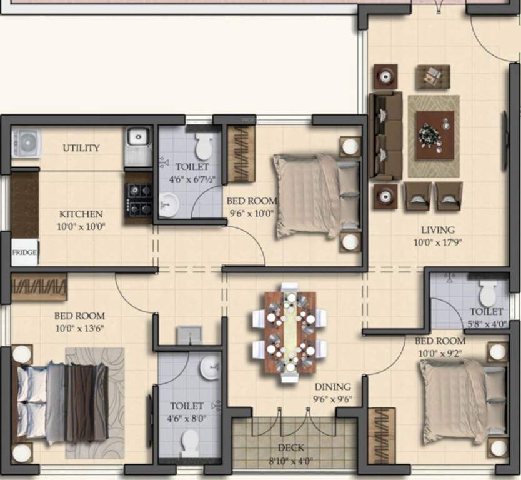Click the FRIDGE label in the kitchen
[24, 253]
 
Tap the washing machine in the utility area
[25, 142]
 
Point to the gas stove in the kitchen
[138, 199]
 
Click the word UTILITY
[81, 148]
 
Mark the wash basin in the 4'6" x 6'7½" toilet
[167, 203]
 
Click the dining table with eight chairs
[290, 331]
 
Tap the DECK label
[290, 447]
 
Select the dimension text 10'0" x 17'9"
[437, 242]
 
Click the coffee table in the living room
[435, 135]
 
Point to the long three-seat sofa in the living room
[385, 135]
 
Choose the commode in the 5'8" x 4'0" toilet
[488, 292]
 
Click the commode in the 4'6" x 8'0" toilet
[189, 444]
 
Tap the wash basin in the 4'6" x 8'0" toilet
[210, 367]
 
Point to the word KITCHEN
[81, 214]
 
